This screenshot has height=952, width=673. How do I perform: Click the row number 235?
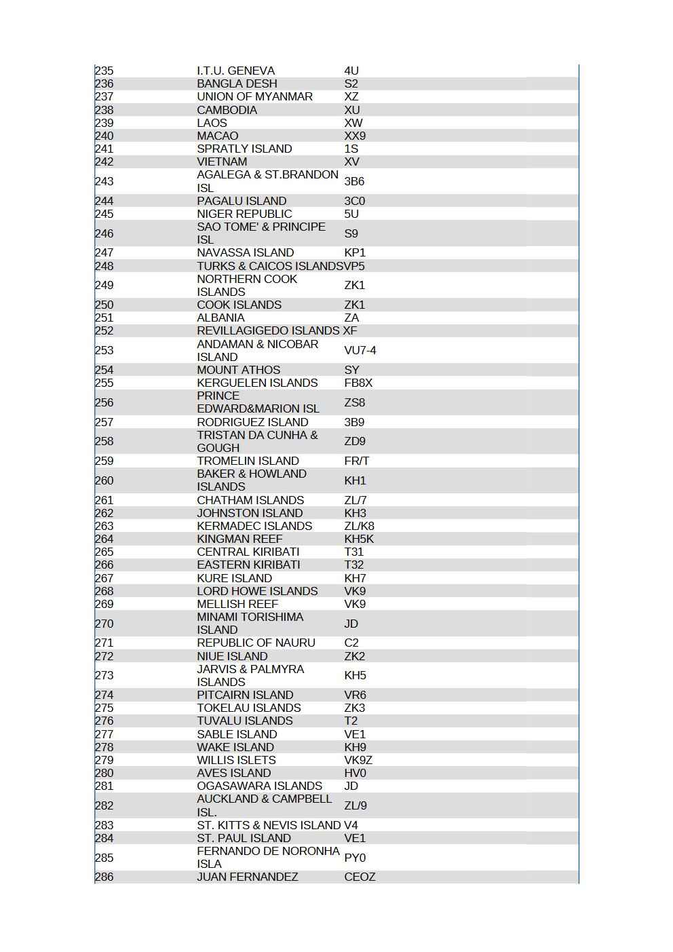click(104, 71)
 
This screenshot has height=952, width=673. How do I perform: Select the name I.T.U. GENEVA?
click(235, 71)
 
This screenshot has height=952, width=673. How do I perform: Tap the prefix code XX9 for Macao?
click(355, 136)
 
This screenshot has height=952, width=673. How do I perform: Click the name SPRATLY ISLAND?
click(244, 149)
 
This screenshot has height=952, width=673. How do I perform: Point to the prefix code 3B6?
click(354, 181)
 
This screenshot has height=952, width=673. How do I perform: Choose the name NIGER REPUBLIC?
click(244, 214)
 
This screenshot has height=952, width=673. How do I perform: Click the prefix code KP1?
click(355, 252)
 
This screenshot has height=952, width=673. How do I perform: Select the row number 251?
click(104, 318)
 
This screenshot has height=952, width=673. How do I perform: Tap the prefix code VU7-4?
click(360, 350)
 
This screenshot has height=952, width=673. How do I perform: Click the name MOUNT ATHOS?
click(238, 370)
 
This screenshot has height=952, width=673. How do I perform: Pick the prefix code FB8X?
click(358, 383)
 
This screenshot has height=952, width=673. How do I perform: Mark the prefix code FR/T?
click(356, 461)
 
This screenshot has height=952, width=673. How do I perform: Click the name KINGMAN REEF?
click(239, 539)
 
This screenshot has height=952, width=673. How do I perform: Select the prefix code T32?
click(353, 565)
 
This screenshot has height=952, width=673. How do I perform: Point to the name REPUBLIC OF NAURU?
click(256, 643)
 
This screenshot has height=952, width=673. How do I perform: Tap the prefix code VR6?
click(355, 695)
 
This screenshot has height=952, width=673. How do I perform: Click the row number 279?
click(104, 760)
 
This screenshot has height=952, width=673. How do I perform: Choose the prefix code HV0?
click(355, 773)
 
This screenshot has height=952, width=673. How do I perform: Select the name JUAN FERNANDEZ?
click(247, 877)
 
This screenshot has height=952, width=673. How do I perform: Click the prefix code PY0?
click(355, 858)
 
